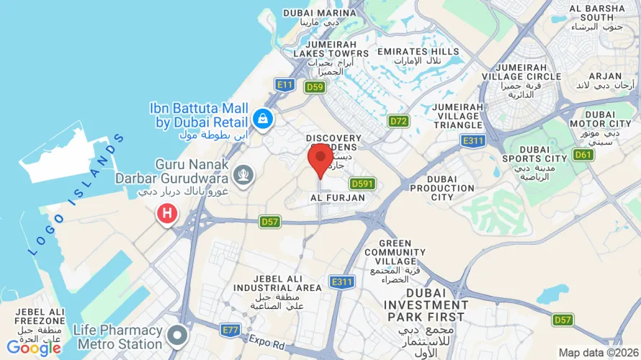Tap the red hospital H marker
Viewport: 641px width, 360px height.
point(167,213)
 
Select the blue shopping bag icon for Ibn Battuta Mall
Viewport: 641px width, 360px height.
point(261,117)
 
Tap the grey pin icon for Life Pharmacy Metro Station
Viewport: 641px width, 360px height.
point(177,336)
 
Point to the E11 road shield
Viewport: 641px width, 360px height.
point(285,85)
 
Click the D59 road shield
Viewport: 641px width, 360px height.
point(313,87)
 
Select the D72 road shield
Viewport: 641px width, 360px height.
point(398,121)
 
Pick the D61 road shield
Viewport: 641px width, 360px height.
point(583,155)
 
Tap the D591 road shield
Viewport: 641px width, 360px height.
point(362,184)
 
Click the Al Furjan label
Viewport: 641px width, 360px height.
point(337,197)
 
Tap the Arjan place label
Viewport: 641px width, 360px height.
point(604,76)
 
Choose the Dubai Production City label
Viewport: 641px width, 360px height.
point(441,188)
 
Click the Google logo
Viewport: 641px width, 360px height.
point(33,348)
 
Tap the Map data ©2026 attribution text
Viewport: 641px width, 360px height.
point(599,353)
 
